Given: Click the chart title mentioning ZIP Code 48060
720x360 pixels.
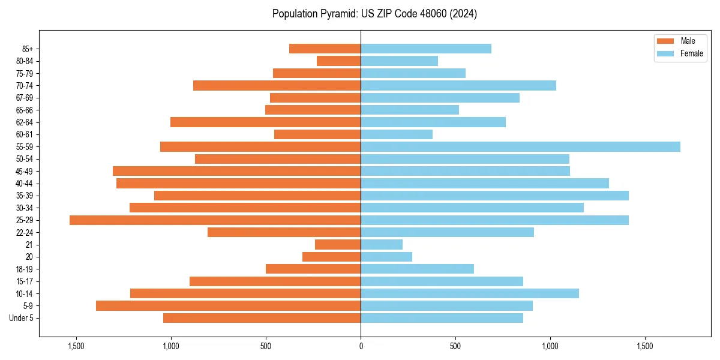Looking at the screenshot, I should pyautogui.click(x=374, y=14).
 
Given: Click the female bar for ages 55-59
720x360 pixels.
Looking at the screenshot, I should pyautogui.click(x=520, y=146).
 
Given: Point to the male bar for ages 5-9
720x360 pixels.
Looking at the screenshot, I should pyautogui.click(x=228, y=306).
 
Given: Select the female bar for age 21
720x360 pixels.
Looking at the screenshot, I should pyautogui.click(x=382, y=245).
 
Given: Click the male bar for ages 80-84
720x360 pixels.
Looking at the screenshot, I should pyautogui.click(x=338, y=61).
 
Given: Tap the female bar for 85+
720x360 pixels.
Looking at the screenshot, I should pyautogui.click(x=426, y=49).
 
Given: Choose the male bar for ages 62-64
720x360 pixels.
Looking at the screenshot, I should pyautogui.click(x=265, y=122).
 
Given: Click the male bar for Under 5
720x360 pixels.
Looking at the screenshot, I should pyautogui.click(x=262, y=318).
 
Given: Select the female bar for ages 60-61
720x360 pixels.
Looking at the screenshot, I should pyautogui.click(x=397, y=134).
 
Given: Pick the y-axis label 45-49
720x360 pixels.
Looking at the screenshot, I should pyautogui.click(x=25, y=171).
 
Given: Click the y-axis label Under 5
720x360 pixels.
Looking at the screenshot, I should pyautogui.click(x=22, y=318).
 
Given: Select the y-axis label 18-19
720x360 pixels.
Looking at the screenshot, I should pyautogui.click(x=25, y=269).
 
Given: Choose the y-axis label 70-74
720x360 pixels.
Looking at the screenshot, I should pyautogui.click(x=25, y=85).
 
